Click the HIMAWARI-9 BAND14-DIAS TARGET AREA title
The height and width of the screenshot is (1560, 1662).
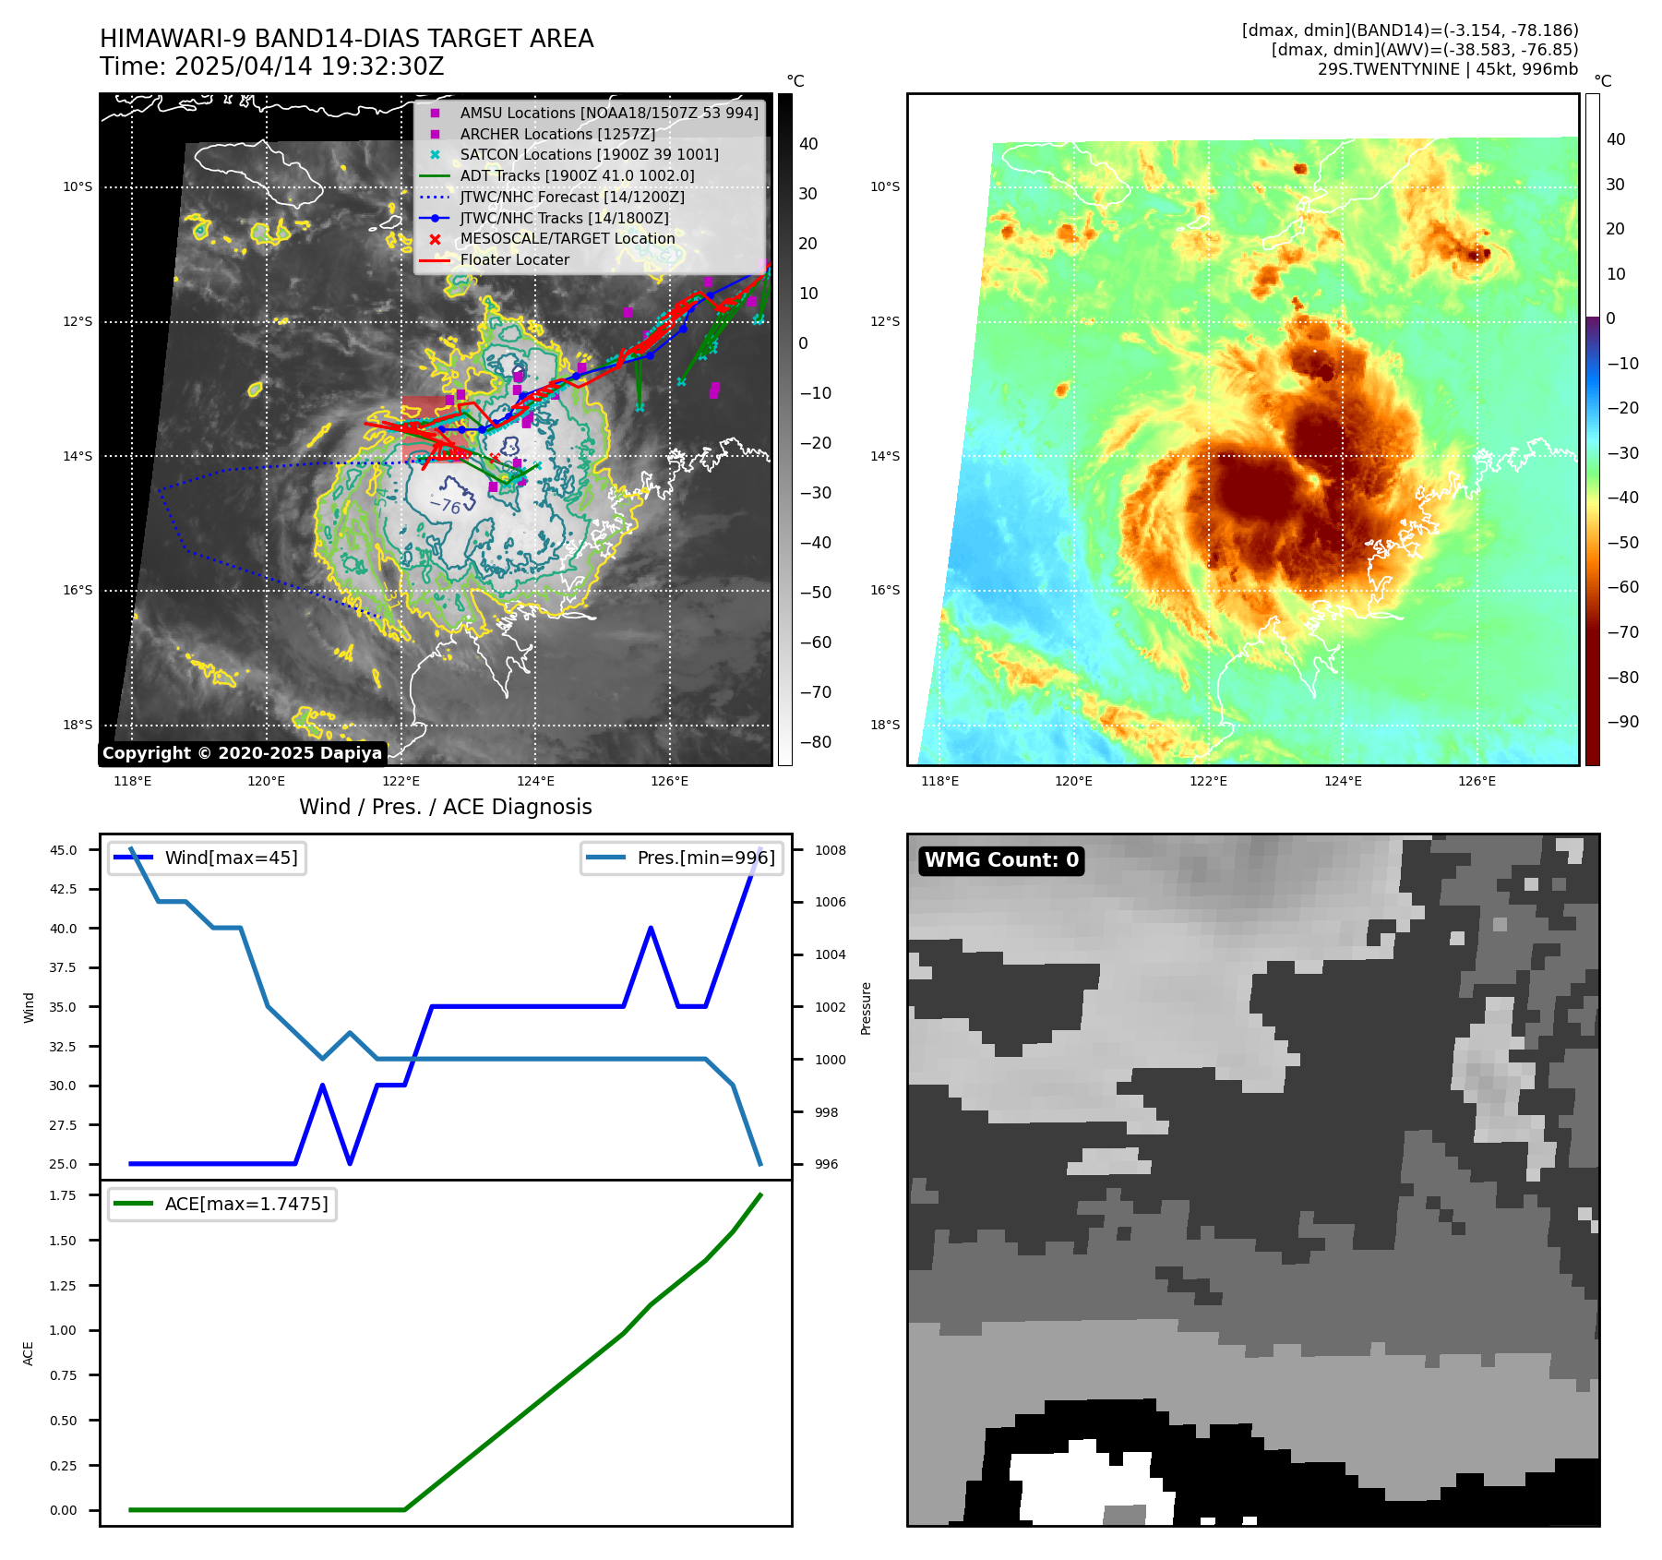coord(346,39)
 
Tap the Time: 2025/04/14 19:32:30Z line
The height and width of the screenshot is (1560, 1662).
coord(272,66)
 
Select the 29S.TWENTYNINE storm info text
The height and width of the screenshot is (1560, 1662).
coord(1447,69)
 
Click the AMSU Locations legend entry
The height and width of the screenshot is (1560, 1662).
coord(608,113)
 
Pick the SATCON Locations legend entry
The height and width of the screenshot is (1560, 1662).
coord(589,154)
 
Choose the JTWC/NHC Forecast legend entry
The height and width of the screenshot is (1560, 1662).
coord(572,197)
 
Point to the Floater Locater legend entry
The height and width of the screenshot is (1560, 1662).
coord(514,259)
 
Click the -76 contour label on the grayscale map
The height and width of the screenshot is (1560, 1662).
coord(446,505)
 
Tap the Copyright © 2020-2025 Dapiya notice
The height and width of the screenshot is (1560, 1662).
coord(242,753)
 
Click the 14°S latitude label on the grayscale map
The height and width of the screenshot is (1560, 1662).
coord(78,456)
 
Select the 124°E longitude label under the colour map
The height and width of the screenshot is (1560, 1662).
coord(1343,781)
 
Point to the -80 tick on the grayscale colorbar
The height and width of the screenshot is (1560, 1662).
coord(816,742)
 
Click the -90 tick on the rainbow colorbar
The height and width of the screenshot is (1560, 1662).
coord(1622,722)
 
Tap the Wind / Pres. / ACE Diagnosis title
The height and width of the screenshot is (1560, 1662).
coord(445,807)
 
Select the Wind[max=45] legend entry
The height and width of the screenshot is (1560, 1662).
coord(231,858)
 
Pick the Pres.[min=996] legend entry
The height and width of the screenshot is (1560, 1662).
coord(706,858)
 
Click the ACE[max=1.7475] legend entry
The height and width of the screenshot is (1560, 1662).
coord(245,1204)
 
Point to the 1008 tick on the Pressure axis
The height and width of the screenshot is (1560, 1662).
coord(830,850)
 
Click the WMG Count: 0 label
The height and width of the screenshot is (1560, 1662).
coord(1001,860)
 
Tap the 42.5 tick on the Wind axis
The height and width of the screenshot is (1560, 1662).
coord(64,889)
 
